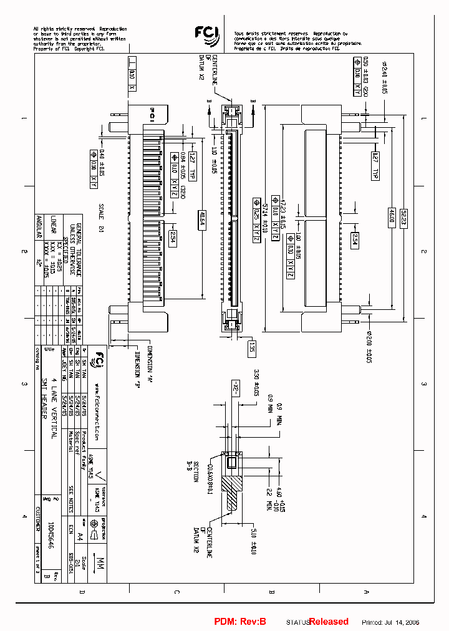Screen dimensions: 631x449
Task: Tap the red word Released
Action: click(329, 622)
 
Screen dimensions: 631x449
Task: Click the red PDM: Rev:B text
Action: click(240, 622)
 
